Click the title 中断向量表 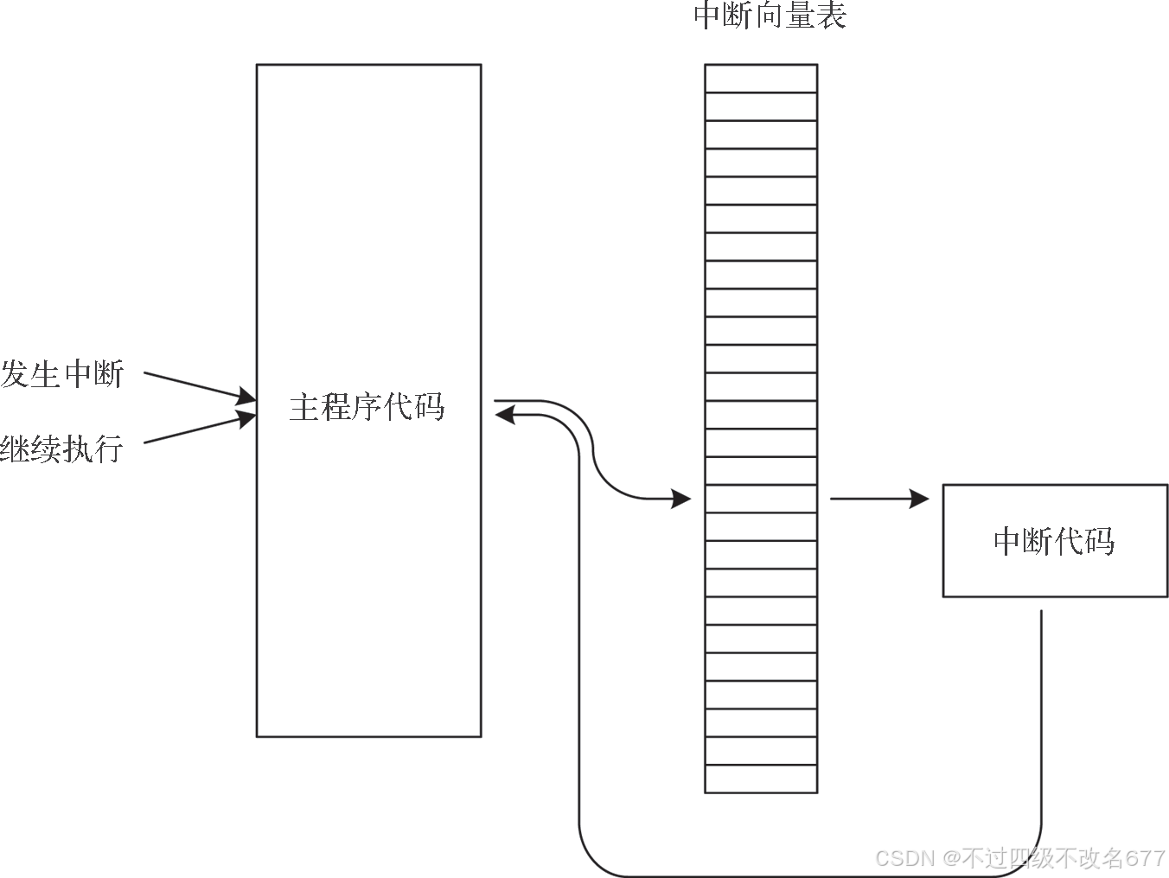click(x=770, y=16)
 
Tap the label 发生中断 click(x=62, y=375)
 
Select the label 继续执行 click(x=61, y=449)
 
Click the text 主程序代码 click(x=367, y=407)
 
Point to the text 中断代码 click(x=1054, y=542)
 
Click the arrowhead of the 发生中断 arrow click(x=248, y=398)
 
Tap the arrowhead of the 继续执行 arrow click(x=248, y=419)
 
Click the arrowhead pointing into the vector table click(x=682, y=499)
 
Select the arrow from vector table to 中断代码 click(x=878, y=499)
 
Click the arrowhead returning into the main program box click(x=503, y=416)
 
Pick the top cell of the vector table click(x=761, y=79)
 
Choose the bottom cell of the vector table click(x=761, y=779)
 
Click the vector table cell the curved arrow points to click(x=761, y=499)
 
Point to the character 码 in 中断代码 click(x=1100, y=542)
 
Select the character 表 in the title click(x=831, y=16)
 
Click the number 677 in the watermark click(x=1147, y=857)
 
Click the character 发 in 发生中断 click(x=16, y=375)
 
